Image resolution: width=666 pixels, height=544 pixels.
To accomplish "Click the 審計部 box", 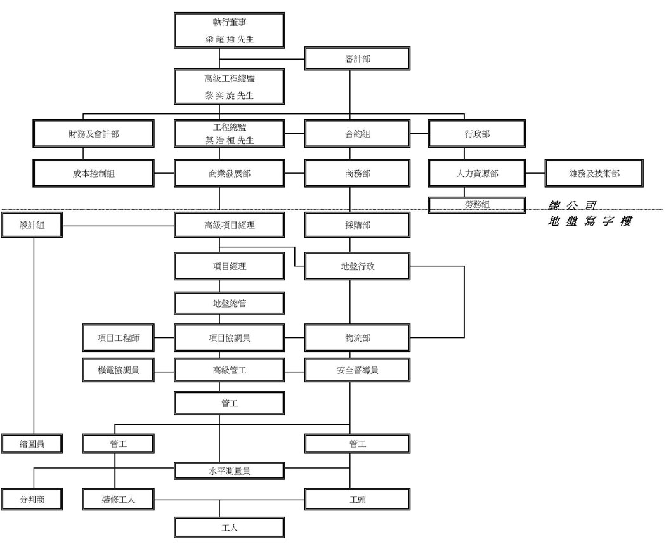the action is click(x=357, y=58).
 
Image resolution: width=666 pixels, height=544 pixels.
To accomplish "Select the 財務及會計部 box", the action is click(x=93, y=134).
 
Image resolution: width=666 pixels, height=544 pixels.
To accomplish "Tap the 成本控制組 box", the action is click(x=93, y=173).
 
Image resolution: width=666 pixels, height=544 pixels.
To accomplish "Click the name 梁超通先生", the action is click(x=230, y=39).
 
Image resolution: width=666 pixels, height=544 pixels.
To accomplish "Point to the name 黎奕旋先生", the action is click(x=230, y=96).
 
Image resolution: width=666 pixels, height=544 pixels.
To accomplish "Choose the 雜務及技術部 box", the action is click(x=594, y=173).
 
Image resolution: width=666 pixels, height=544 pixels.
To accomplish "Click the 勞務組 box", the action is click(x=476, y=204).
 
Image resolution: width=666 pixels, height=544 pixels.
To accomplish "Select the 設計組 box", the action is click(x=32, y=225).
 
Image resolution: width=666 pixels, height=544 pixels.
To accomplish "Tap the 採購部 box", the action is click(x=357, y=225).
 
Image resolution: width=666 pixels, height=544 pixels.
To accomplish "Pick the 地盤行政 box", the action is click(x=357, y=266).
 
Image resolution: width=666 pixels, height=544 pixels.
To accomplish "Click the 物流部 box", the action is click(x=357, y=338).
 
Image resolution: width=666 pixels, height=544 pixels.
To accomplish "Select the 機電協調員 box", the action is click(x=118, y=370).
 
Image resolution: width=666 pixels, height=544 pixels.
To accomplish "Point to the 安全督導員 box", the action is click(x=357, y=370).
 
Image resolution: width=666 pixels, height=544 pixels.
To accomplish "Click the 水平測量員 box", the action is click(x=230, y=471).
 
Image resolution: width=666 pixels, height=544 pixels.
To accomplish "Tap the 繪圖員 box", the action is click(x=32, y=444).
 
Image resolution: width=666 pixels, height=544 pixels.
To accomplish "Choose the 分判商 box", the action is click(x=32, y=500).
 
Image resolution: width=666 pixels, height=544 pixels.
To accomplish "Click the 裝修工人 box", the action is click(x=118, y=500).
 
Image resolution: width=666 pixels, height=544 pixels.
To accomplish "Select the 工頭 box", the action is click(x=357, y=500).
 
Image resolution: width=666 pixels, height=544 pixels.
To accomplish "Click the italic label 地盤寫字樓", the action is click(x=589, y=221).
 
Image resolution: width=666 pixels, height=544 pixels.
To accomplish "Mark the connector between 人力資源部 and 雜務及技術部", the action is click(x=535, y=173).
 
